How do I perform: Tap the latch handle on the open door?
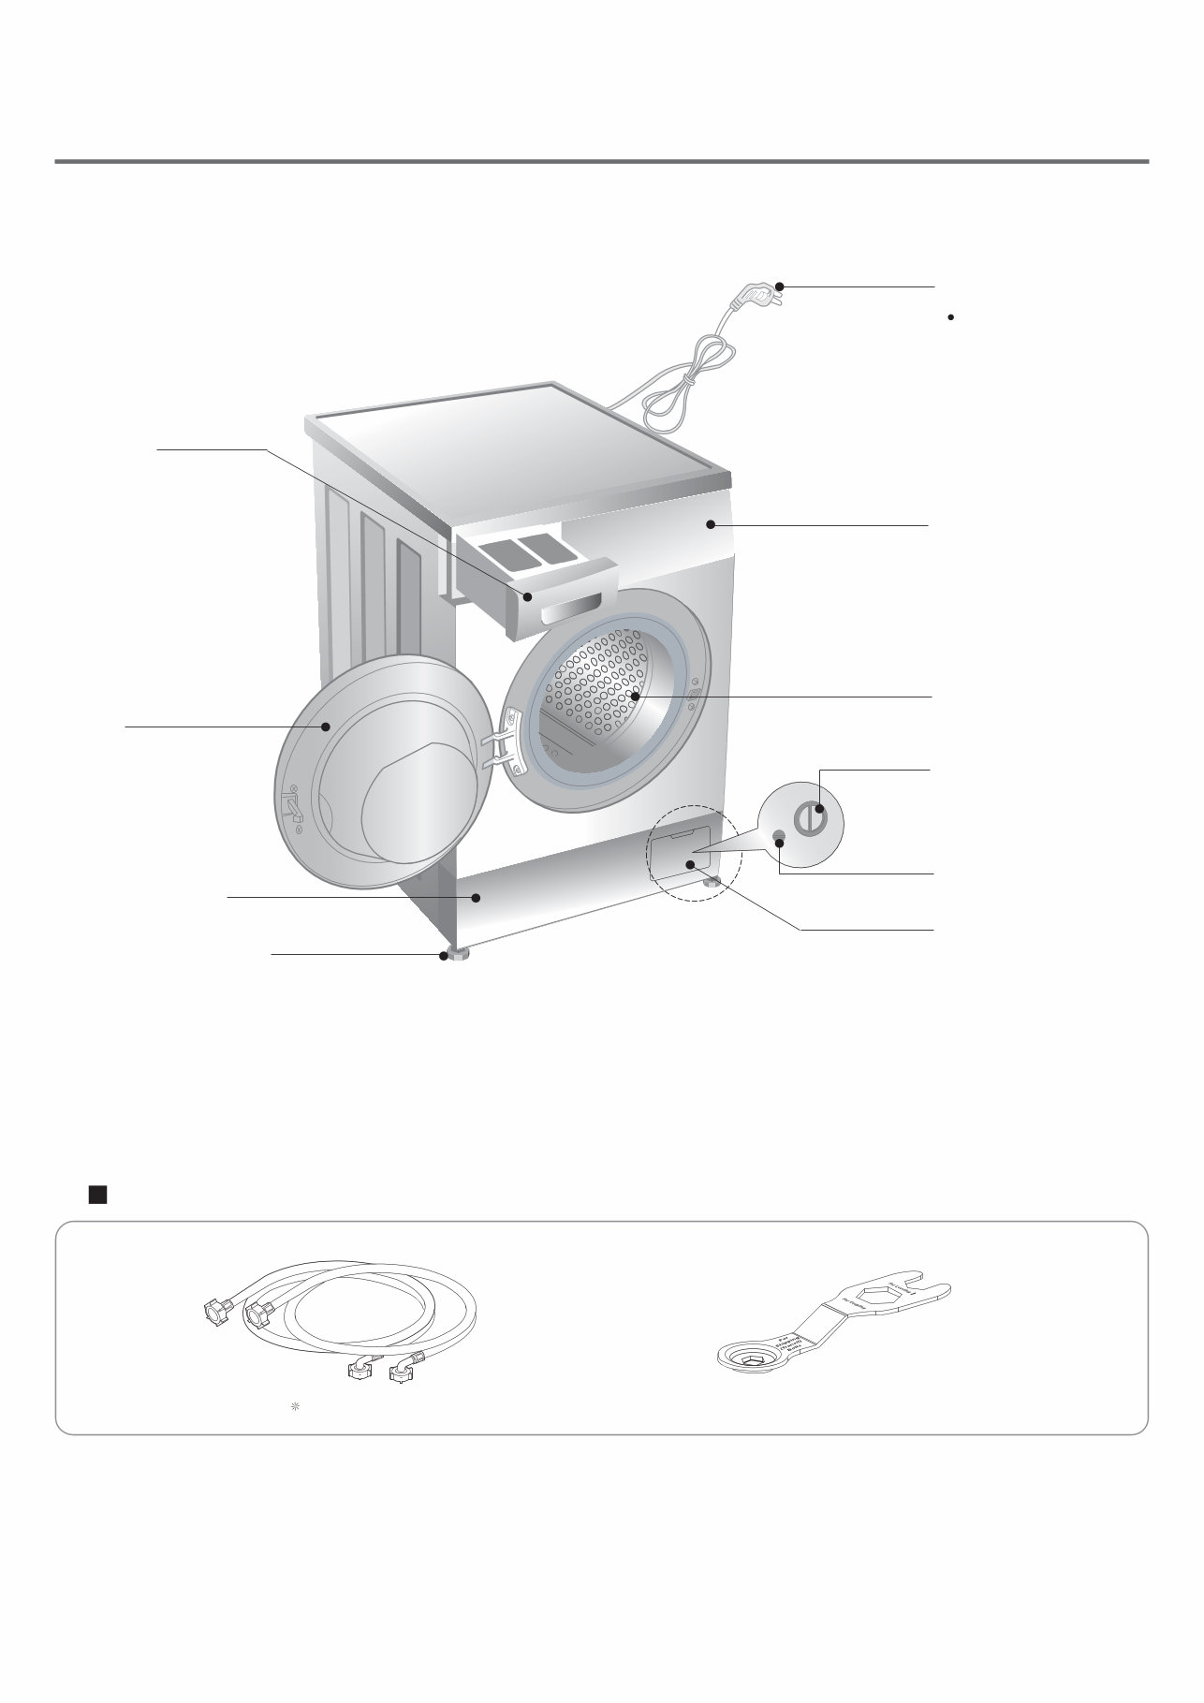[x=291, y=804]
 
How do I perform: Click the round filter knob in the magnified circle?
[x=811, y=817]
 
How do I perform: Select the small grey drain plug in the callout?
[x=779, y=835]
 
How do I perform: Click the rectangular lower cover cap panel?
[x=678, y=854]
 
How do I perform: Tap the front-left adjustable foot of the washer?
[x=456, y=955]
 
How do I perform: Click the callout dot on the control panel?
[x=712, y=525]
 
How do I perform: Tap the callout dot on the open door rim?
[x=327, y=727]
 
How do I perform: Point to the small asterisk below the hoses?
[x=294, y=1406]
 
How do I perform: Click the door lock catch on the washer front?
[x=694, y=694]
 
